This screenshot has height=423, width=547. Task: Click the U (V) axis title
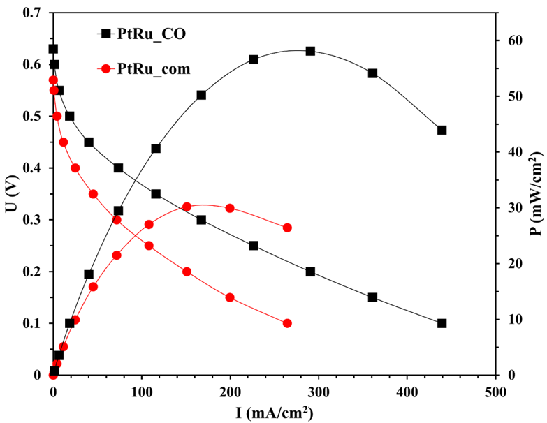point(10,193)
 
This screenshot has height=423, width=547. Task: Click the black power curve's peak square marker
point(310,51)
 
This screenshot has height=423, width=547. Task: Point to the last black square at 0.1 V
point(442,323)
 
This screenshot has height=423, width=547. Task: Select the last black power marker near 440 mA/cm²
point(442,130)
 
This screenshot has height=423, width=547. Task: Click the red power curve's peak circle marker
point(187,207)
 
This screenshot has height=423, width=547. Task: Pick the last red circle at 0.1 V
point(287,323)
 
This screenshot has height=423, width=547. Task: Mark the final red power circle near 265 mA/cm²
point(287,228)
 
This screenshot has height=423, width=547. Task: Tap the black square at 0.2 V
point(310,272)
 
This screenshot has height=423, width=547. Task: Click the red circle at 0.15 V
point(230,297)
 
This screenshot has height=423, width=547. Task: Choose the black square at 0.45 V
point(89,142)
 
